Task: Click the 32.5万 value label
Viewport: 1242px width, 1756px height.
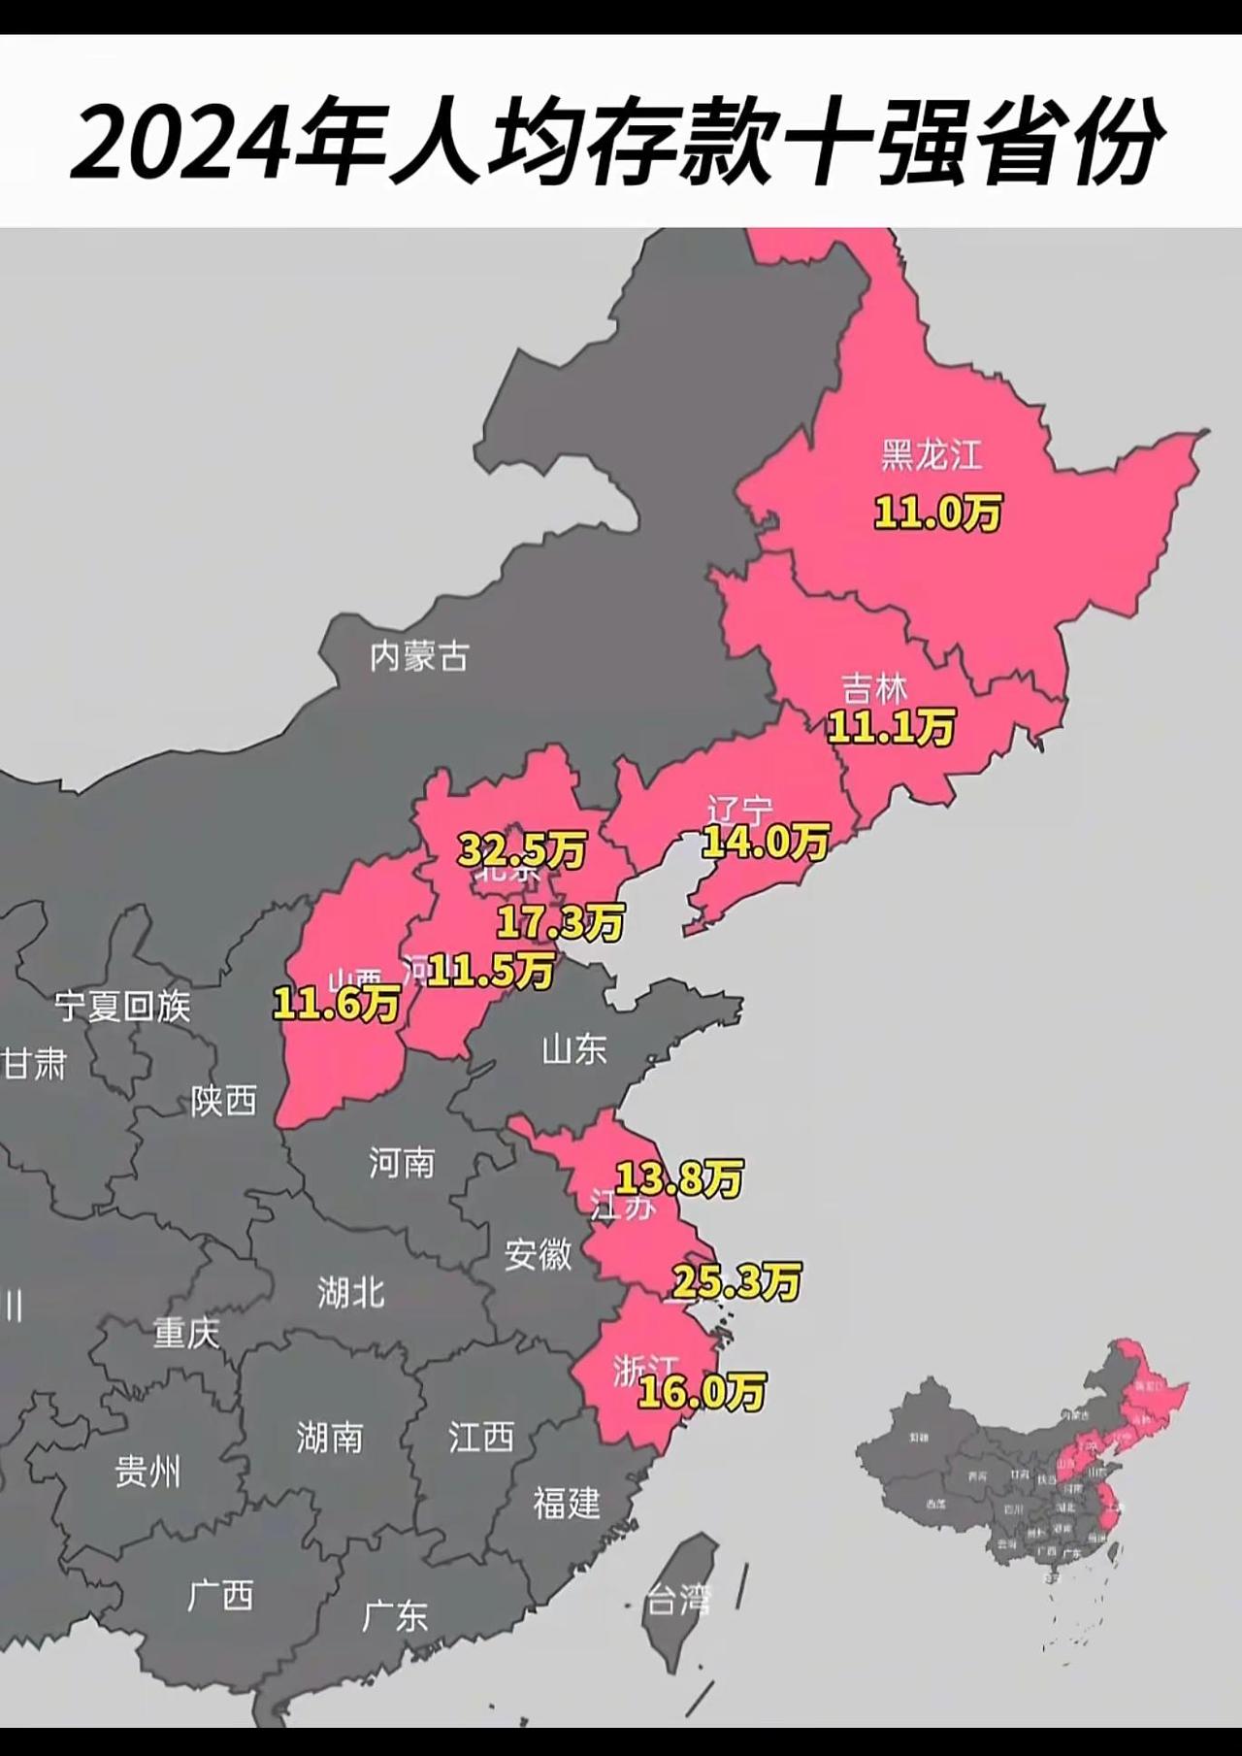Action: (522, 850)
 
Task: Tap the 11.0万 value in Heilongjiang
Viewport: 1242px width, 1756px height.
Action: (937, 513)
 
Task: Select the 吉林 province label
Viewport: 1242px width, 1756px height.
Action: (874, 689)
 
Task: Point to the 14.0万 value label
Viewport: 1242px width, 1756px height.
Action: (766, 841)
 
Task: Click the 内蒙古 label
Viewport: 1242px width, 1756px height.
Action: (418, 657)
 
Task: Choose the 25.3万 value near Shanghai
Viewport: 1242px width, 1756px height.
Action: (736, 1282)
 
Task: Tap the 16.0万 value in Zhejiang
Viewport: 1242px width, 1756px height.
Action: (701, 1392)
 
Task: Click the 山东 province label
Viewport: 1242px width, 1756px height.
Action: (574, 1048)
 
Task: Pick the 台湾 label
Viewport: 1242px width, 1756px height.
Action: (679, 1600)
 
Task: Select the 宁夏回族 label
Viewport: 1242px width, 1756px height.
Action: (122, 1007)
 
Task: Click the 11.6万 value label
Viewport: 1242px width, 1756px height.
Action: (336, 1003)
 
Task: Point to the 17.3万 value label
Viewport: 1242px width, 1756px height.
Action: (560, 921)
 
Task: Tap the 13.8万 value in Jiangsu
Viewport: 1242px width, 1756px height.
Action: (680, 1178)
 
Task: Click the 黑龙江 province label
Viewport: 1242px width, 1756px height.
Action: (931, 454)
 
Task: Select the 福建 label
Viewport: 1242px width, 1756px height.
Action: (567, 1503)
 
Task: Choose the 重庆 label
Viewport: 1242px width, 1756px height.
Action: (186, 1333)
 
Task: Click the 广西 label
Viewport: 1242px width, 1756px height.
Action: (220, 1595)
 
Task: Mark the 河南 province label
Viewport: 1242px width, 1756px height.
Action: (402, 1162)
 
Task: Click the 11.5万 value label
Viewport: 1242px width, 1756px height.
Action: (490, 969)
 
